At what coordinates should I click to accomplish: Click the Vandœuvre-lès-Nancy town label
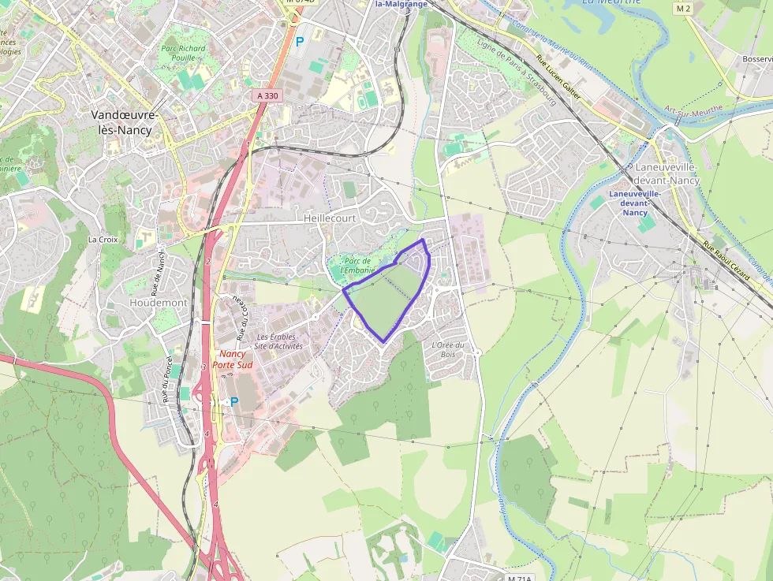click(x=125, y=121)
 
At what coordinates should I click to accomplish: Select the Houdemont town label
click(x=158, y=303)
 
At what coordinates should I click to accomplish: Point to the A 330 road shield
click(x=267, y=95)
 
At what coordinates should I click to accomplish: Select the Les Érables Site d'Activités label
click(x=279, y=341)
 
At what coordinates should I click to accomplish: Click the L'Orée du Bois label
click(x=447, y=349)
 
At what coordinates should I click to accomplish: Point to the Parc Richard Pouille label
click(x=183, y=53)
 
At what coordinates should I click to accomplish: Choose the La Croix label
click(x=103, y=239)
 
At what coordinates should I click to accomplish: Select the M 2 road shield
click(x=683, y=8)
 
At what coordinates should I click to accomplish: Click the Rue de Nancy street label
click(x=160, y=270)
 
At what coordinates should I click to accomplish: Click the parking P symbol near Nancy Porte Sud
click(x=233, y=401)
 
